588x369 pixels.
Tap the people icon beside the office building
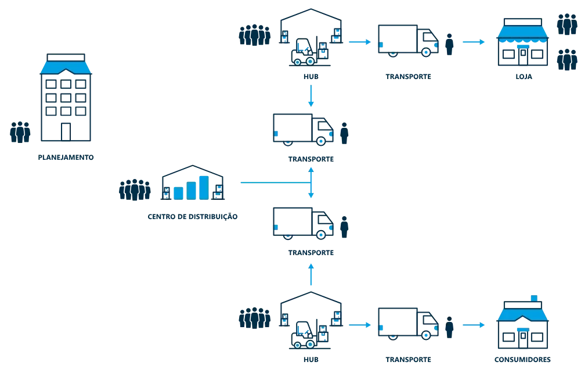click(20, 132)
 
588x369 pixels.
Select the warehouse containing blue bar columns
click(193, 184)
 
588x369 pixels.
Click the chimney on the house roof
click(534, 296)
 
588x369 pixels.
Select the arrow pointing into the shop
click(474, 42)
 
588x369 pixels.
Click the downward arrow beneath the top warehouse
click(312, 95)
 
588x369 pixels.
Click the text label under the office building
click(67, 157)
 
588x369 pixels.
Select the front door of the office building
click(65, 132)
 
